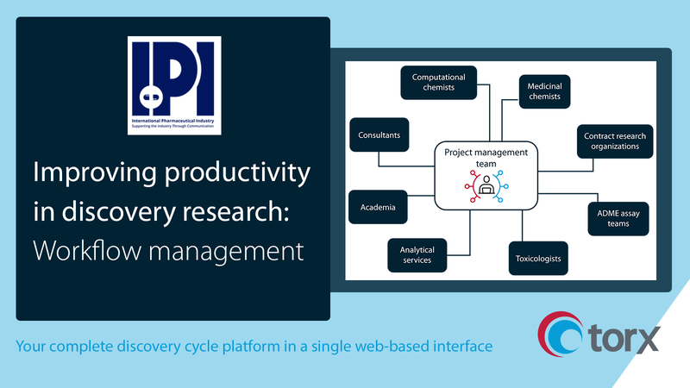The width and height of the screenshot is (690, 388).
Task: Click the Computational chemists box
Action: [438, 83]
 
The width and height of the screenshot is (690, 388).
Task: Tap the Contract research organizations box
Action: [614, 141]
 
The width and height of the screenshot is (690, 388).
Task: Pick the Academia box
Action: [378, 207]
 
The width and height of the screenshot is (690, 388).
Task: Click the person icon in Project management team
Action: [486, 186]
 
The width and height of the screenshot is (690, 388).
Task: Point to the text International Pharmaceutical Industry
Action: [173, 120]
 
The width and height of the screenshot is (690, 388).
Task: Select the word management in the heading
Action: [232, 252]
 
